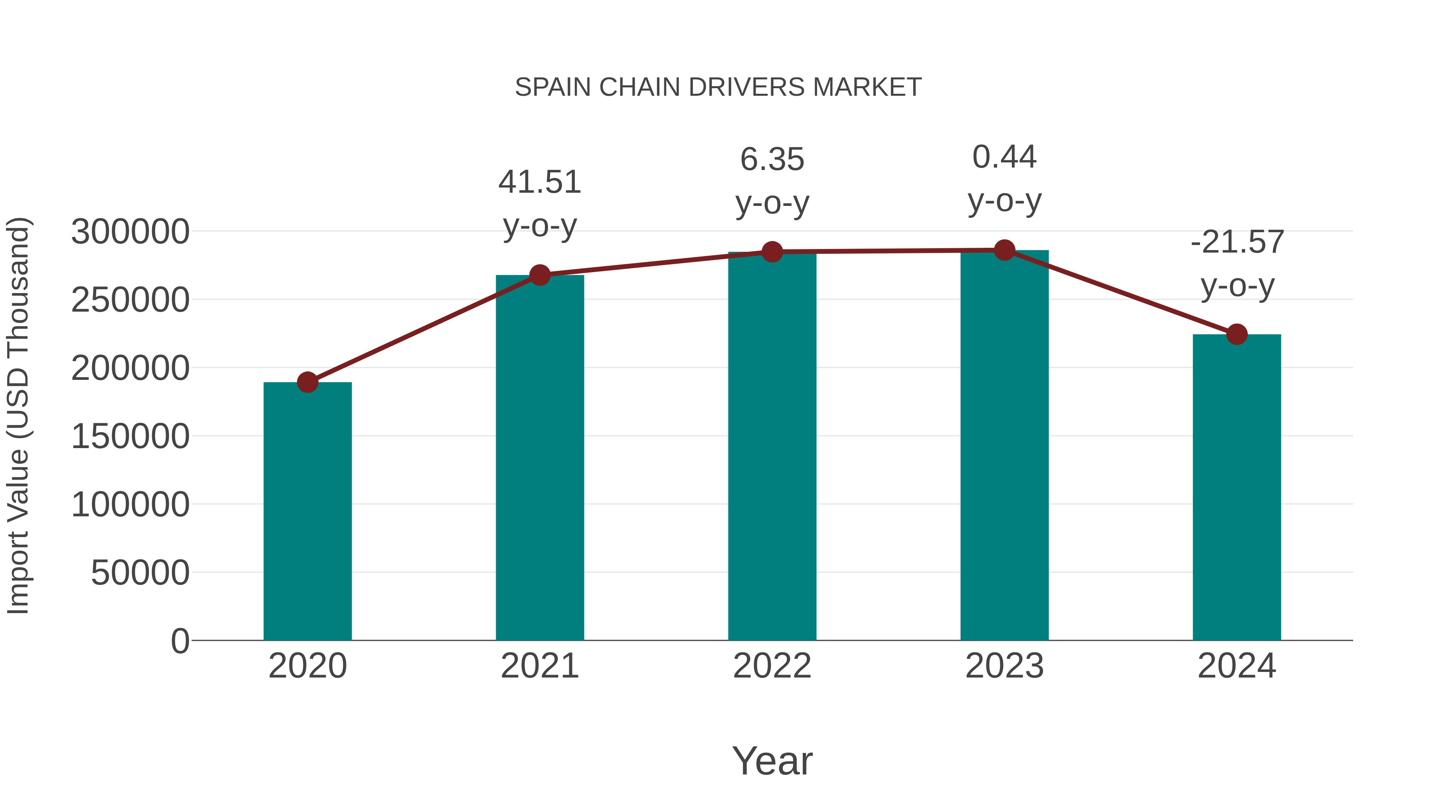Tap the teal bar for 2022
(x=772, y=446)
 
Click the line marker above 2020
(x=307, y=383)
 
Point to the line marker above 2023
(x=1004, y=250)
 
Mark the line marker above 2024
(x=1237, y=335)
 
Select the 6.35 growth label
(x=772, y=181)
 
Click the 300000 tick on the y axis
(x=130, y=231)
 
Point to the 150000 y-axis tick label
(x=130, y=436)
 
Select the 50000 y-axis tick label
(x=140, y=573)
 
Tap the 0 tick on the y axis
(x=180, y=641)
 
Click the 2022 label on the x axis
(x=772, y=666)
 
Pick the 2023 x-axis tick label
(x=1004, y=666)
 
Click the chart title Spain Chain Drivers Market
(x=718, y=87)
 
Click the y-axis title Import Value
(x=18, y=415)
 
